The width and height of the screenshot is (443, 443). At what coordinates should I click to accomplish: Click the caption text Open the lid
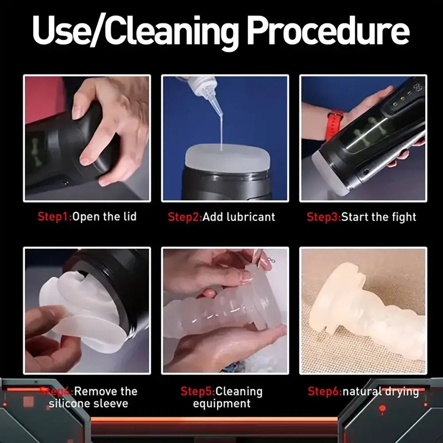(105, 217)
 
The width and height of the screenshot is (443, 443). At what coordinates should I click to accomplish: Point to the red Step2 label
(185, 217)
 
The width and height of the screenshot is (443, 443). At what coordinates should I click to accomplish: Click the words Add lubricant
(239, 217)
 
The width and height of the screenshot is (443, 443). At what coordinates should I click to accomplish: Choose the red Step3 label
(324, 217)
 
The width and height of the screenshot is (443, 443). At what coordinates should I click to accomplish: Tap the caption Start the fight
(379, 217)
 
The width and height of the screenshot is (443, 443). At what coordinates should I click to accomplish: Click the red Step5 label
(198, 392)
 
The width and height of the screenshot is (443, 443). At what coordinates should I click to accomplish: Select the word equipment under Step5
(221, 404)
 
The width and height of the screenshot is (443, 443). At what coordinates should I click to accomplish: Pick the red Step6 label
(325, 392)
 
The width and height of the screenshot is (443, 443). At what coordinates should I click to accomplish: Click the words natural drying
(381, 392)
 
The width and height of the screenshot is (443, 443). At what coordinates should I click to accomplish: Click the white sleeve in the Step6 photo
(368, 310)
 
